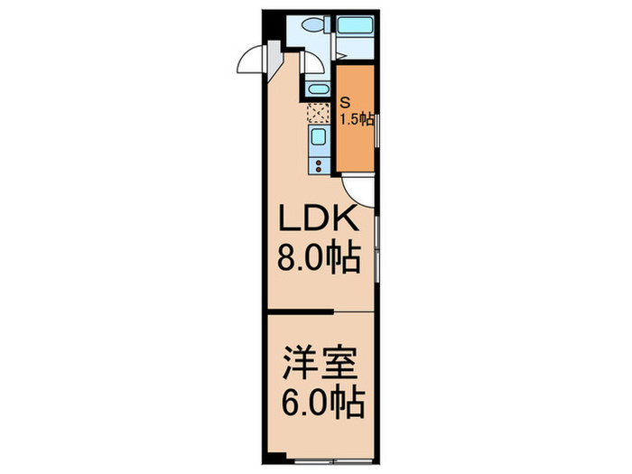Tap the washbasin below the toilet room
(316, 89)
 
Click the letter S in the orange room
(346, 103)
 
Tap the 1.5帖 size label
(358, 119)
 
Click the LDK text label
(317, 222)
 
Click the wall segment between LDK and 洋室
(300, 312)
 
